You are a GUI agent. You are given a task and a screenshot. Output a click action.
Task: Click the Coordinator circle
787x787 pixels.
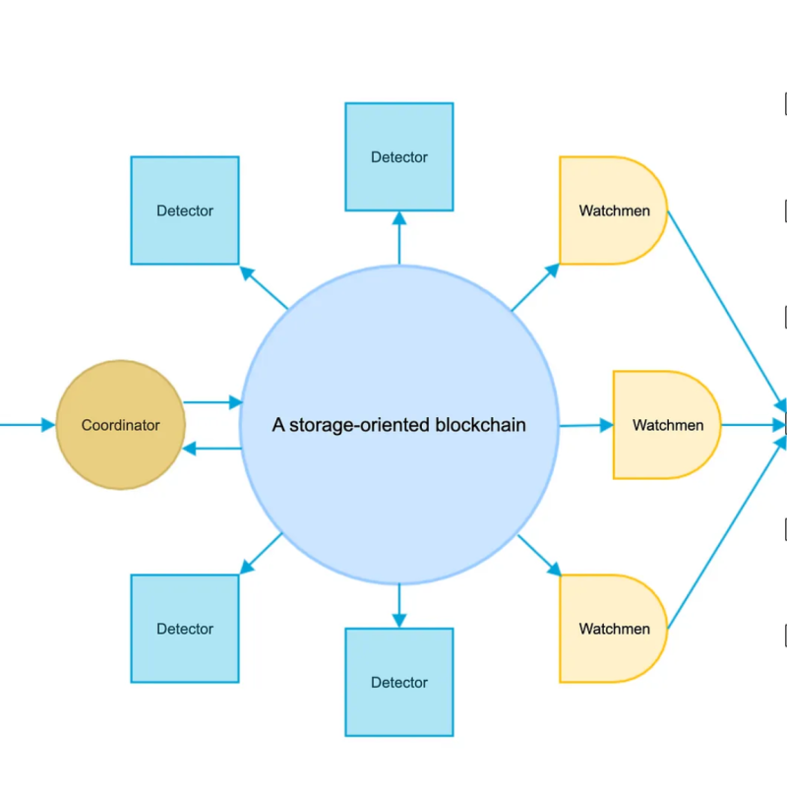pyautogui.click(x=120, y=425)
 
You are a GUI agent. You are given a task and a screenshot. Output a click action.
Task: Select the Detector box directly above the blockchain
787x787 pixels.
pyautogui.click(x=399, y=156)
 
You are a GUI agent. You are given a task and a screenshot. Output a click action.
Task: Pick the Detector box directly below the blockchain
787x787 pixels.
pyautogui.click(x=399, y=682)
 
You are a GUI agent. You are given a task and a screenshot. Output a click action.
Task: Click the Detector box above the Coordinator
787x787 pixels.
pyautogui.click(x=185, y=210)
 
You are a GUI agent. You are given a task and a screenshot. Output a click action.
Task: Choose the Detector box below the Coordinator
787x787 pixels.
pyautogui.click(x=185, y=629)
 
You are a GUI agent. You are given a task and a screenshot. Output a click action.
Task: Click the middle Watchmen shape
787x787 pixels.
pyautogui.click(x=665, y=425)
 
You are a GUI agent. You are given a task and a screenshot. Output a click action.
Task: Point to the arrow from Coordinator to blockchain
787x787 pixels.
pyautogui.click(x=212, y=402)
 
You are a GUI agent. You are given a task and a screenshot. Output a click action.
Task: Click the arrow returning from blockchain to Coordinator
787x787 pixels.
pyautogui.click(x=212, y=449)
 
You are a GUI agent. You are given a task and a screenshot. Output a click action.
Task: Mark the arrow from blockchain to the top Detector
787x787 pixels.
pyautogui.click(x=399, y=238)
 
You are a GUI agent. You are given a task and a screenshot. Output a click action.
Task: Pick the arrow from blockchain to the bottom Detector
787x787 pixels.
pyautogui.click(x=399, y=604)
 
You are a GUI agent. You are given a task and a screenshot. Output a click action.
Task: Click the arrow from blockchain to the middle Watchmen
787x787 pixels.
pyautogui.click(x=585, y=426)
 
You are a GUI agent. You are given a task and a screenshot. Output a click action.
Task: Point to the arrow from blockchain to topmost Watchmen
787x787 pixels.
pyautogui.click(x=535, y=286)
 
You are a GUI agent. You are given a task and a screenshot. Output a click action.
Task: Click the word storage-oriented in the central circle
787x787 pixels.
pyautogui.click(x=360, y=425)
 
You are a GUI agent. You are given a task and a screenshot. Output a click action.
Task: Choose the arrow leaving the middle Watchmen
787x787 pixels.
pyautogui.click(x=753, y=425)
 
